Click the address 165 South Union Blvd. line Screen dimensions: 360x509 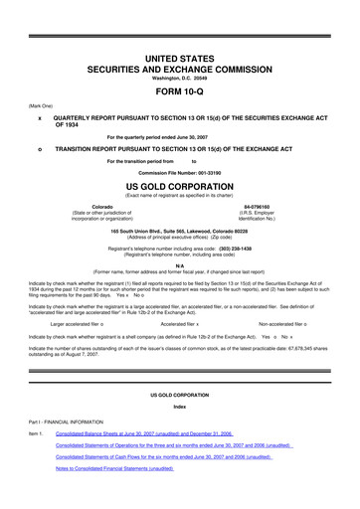[180, 230]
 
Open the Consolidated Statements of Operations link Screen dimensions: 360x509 [180, 446]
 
